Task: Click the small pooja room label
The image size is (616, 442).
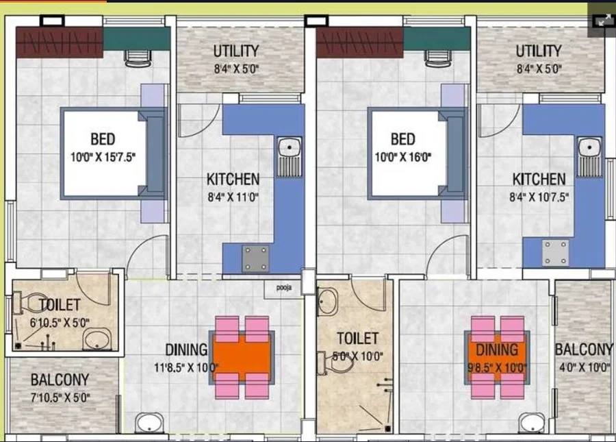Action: click(x=283, y=287)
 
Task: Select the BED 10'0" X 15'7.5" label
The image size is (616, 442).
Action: click(x=103, y=147)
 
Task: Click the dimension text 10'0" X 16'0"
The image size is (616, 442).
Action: click(x=402, y=158)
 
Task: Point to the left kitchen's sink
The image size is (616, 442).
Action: click(x=290, y=156)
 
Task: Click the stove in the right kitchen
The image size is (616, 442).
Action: click(x=556, y=253)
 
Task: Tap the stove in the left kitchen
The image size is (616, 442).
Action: click(x=255, y=258)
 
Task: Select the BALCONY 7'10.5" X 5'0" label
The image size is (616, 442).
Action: click(x=60, y=388)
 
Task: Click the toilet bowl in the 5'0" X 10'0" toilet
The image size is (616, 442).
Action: click(x=337, y=363)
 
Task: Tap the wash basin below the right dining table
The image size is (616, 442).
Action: click(x=532, y=423)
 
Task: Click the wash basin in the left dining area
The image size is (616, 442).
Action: click(x=150, y=423)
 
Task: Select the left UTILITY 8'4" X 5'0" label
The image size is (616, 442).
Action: click(x=236, y=59)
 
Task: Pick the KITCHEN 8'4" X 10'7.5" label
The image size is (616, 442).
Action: click(x=539, y=188)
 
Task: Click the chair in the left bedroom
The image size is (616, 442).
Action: click(x=138, y=58)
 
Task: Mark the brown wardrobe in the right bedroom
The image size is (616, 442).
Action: click(x=360, y=42)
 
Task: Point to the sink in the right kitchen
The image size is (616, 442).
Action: click(x=589, y=156)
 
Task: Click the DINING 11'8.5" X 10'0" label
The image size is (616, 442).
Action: click(x=186, y=358)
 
